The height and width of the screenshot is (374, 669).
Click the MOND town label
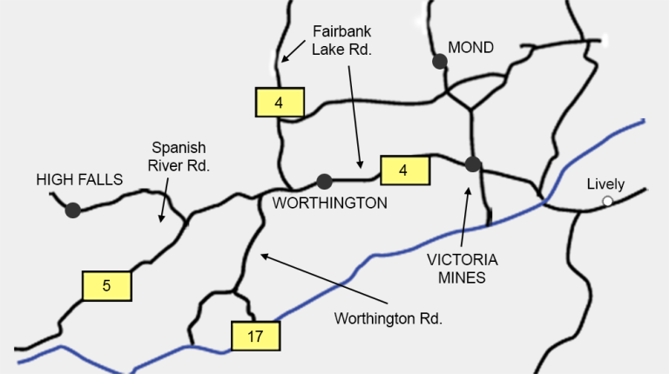click(x=470, y=48)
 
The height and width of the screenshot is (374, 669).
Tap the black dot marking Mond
click(x=440, y=61)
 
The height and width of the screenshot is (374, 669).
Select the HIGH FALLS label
click(x=79, y=179)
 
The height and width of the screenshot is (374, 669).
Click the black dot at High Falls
click(x=72, y=210)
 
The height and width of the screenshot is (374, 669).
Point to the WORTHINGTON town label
click(x=330, y=203)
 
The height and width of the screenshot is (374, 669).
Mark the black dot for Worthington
click(x=324, y=181)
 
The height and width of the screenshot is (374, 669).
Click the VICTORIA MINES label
click(x=462, y=269)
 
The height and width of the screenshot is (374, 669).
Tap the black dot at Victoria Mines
click(x=473, y=164)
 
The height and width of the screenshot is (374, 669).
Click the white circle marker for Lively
click(x=607, y=202)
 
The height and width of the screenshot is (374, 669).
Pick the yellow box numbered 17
click(x=255, y=336)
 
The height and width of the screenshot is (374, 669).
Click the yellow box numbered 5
click(x=106, y=285)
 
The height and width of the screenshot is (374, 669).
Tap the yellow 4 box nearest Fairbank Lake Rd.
click(x=279, y=103)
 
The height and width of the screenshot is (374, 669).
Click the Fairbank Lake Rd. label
click(x=341, y=41)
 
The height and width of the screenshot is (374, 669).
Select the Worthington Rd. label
click(x=389, y=318)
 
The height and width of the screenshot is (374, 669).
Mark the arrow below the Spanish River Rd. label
click(x=162, y=206)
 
